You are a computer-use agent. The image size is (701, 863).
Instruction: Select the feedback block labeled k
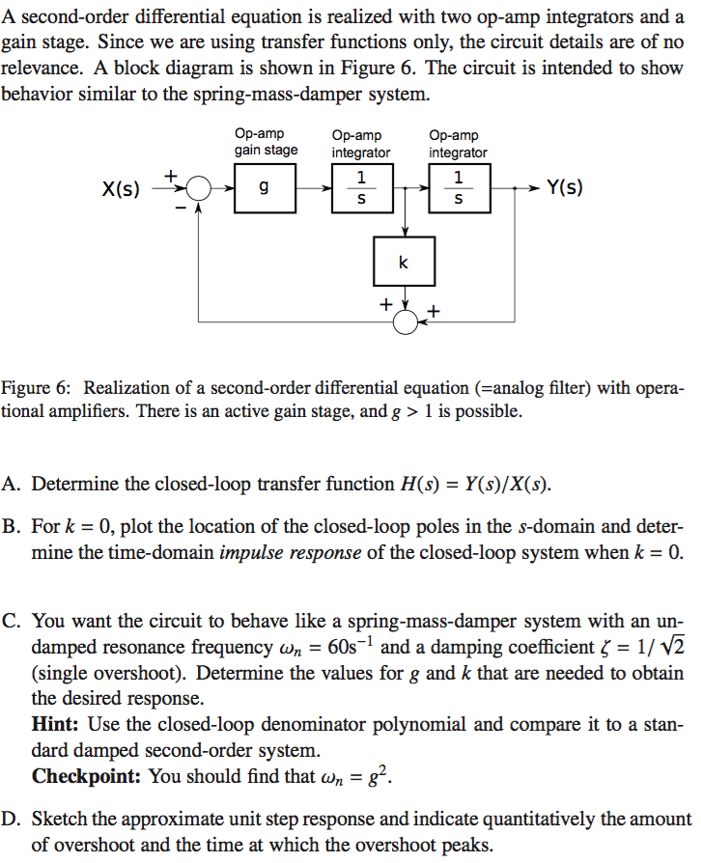pyautogui.click(x=404, y=262)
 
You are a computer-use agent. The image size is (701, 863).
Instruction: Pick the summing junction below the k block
pyautogui.click(x=405, y=320)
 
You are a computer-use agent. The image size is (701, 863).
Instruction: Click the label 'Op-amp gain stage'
pyautogui.click(x=265, y=143)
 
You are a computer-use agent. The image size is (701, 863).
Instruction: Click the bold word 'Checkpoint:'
pyautogui.click(x=88, y=776)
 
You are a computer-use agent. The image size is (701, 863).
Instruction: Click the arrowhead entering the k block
pyautogui.click(x=405, y=233)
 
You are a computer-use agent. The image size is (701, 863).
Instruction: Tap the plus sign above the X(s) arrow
pyautogui.click(x=171, y=176)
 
